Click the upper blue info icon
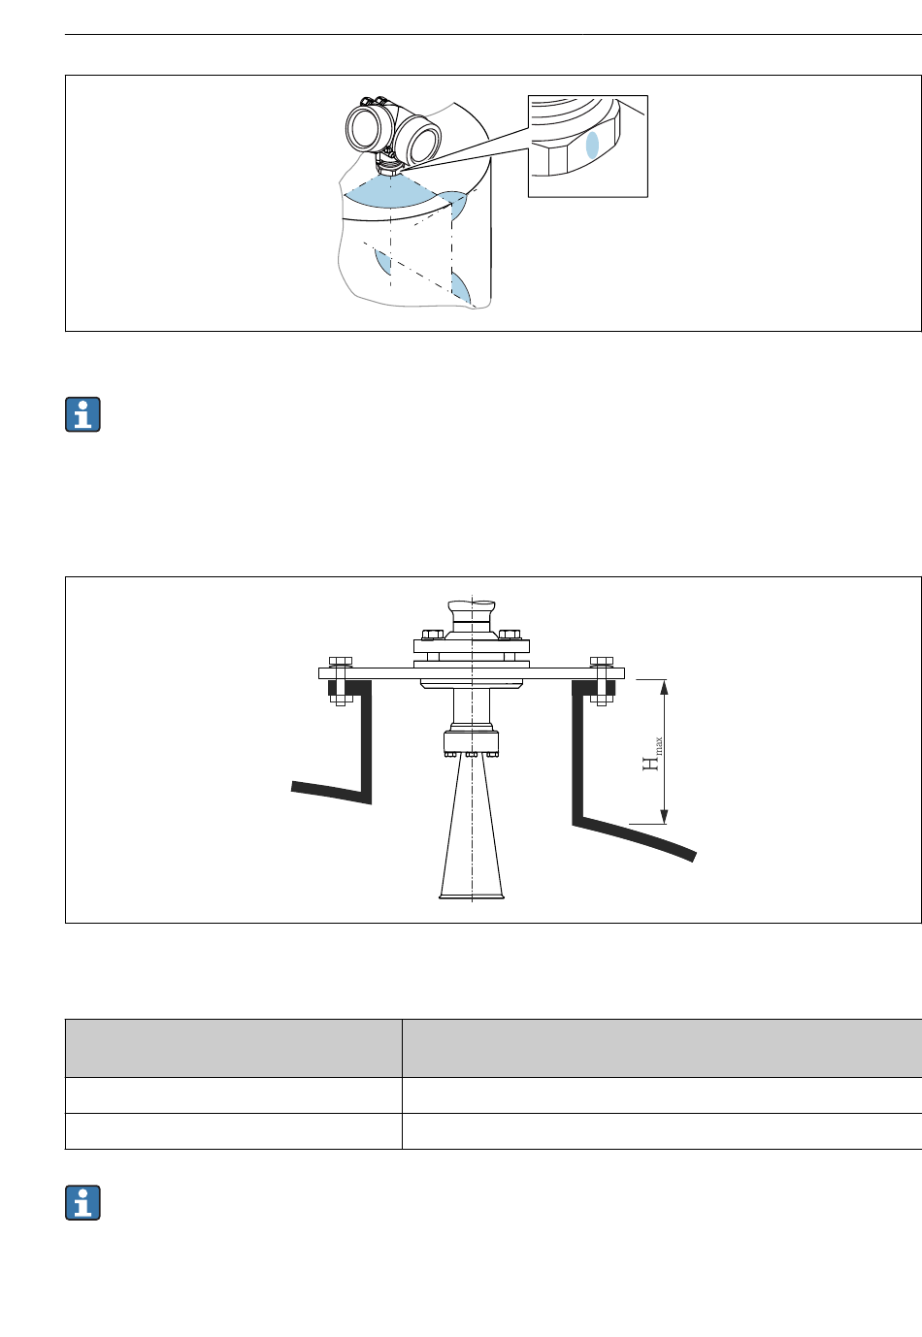pos(83,414)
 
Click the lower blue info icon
pos(83,1203)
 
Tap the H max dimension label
pos(652,754)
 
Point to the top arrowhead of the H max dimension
pos(664,687)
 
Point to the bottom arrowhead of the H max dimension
pos(664,817)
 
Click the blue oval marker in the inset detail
pos(592,145)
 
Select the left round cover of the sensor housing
pos(364,129)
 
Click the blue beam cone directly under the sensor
pos(390,190)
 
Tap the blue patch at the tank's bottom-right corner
pos(460,288)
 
